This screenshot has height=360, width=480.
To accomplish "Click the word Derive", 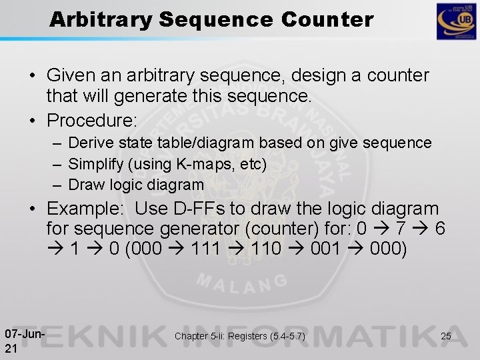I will click(91, 143).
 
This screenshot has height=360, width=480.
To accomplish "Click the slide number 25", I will click(445, 336).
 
